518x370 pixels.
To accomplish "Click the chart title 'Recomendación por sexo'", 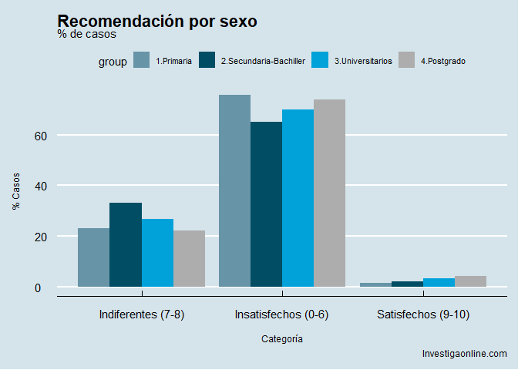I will [157, 22].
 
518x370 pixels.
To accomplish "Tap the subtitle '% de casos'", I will [87, 35].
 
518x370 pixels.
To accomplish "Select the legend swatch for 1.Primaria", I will [141, 60].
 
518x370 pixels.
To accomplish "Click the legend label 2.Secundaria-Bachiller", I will [263, 61].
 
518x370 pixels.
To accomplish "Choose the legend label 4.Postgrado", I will [443, 61].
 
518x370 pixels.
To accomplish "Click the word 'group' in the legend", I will [113, 62].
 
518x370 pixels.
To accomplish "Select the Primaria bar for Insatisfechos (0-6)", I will [234, 190].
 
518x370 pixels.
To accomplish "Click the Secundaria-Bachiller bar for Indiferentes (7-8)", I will [125, 244].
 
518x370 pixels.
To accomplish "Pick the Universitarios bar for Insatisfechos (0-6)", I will [298, 198].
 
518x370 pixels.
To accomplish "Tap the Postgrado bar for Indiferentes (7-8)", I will [189, 258].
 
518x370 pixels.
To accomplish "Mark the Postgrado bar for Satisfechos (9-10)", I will [470, 281].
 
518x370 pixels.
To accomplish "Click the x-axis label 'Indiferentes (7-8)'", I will [142, 314].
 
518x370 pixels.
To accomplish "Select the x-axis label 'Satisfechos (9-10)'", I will [423, 314].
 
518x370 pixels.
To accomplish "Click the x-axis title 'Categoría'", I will [282, 338].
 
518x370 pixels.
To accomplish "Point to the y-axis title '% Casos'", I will [16, 191].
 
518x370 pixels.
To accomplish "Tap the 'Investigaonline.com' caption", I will [464, 354].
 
